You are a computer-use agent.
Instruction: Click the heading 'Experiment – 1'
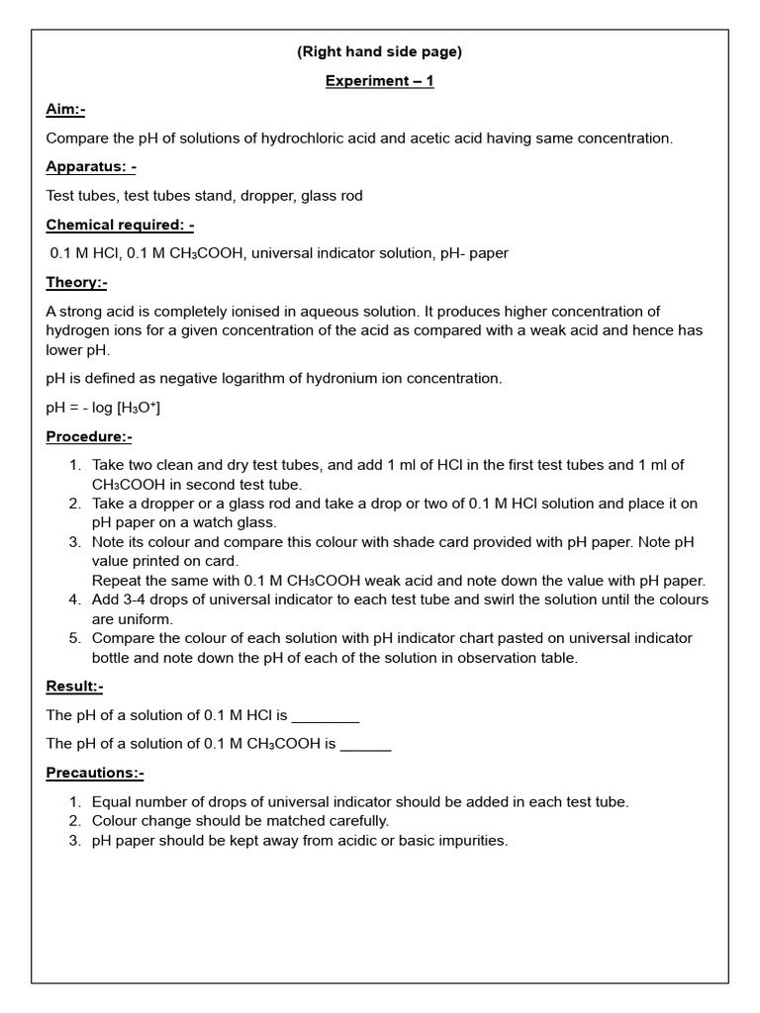(x=379, y=81)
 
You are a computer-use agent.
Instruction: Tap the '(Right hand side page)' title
(x=379, y=52)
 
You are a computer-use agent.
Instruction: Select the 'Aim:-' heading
(x=72, y=110)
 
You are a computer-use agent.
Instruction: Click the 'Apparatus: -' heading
(x=91, y=167)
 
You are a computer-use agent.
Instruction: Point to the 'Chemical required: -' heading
(x=120, y=225)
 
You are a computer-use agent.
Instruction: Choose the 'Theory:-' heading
(x=76, y=282)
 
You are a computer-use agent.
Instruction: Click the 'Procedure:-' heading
(x=89, y=436)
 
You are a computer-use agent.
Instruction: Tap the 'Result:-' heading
(x=74, y=686)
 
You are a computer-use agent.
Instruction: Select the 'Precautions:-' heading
(x=95, y=773)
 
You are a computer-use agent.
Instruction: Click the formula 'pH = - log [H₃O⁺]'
(x=103, y=408)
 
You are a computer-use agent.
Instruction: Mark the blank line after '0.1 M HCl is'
(x=326, y=715)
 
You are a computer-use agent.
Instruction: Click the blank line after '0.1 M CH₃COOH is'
(x=365, y=744)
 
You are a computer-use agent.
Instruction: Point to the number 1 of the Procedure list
(x=75, y=465)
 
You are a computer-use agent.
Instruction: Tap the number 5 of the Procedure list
(x=75, y=638)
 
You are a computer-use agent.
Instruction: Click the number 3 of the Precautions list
(x=75, y=841)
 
